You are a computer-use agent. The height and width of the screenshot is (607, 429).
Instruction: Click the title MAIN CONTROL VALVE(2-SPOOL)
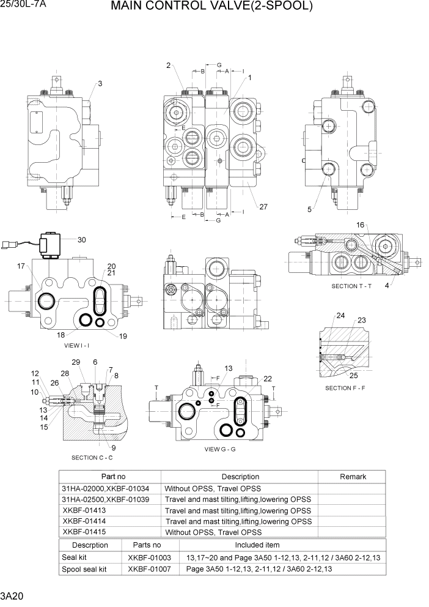click(211, 7)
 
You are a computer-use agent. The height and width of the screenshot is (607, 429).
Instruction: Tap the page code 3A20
click(12, 596)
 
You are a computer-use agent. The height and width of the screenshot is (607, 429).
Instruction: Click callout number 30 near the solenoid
click(81, 240)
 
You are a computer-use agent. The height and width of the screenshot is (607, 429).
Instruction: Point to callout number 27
click(263, 207)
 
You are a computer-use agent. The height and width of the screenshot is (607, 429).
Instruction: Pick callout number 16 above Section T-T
click(361, 225)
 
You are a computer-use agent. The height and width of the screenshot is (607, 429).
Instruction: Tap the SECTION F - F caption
click(345, 388)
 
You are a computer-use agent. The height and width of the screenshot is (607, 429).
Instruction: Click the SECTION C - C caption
click(92, 458)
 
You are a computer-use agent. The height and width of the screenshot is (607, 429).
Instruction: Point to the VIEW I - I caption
click(77, 345)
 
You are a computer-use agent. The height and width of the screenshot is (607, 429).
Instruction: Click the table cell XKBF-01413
click(84, 510)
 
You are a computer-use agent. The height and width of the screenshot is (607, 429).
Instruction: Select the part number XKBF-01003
click(149, 557)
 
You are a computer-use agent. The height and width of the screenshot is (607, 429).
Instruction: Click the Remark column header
click(353, 477)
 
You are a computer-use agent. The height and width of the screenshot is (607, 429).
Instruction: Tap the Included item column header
click(257, 545)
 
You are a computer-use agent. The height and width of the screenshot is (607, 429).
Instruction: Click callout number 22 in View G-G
click(268, 379)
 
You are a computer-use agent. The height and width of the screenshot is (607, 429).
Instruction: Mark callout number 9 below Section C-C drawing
click(114, 447)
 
